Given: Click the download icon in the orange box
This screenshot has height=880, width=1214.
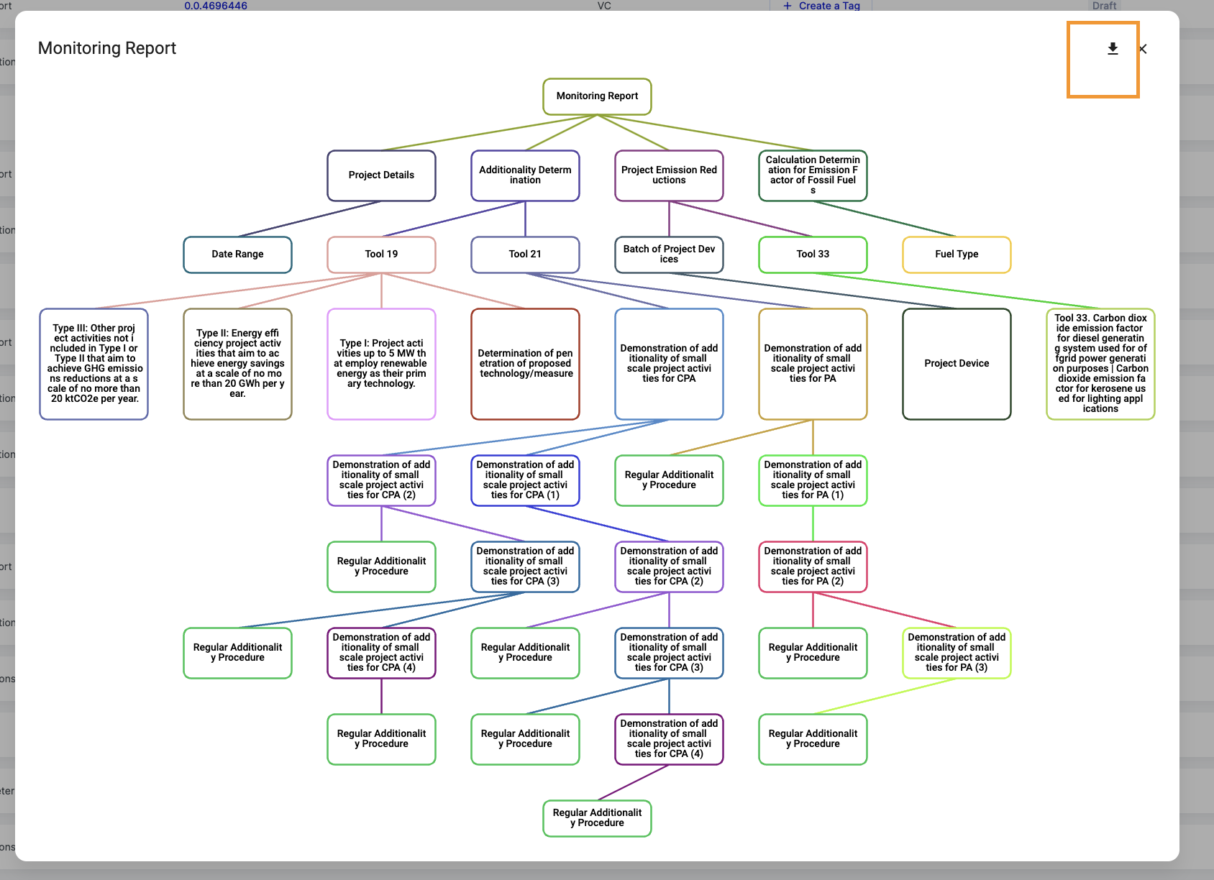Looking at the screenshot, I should pyautogui.click(x=1113, y=49).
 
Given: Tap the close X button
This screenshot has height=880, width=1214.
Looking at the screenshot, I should pyautogui.click(x=1143, y=49).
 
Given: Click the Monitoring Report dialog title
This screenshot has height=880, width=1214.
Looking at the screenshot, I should pyautogui.click(x=107, y=48).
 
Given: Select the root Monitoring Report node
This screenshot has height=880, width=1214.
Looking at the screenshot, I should pyautogui.click(x=597, y=96).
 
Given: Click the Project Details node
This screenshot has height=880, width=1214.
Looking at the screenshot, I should pyautogui.click(x=381, y=175).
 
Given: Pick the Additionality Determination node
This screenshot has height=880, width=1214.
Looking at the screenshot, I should pyautogui.click(x=525, y=175).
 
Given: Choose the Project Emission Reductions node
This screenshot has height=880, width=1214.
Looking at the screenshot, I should pyautogui.click(x=669, y=175).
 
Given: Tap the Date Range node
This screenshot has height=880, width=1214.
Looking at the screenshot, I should pyautogui.click(x=237, y=255).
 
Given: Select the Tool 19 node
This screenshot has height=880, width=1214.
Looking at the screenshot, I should pyautogui.click(x=381, y=255).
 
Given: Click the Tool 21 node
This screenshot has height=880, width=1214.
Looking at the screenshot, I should pyautogui.click(x=525, y=255).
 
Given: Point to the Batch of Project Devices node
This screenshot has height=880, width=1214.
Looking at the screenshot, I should pyautogui.click(x=669, y=255).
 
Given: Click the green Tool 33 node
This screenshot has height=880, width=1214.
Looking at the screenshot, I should pyautogui.click(x=813, y=255).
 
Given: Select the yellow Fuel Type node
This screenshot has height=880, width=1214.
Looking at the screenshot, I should pyautogui.click(x=957, y=255).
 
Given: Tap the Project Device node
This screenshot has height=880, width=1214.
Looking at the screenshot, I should pyautogui.click(x=957, y=364).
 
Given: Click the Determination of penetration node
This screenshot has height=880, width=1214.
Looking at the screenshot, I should pyautogui.click(x=525, y=364).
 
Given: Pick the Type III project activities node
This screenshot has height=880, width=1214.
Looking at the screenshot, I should pyautogui.click(x=93, y=364).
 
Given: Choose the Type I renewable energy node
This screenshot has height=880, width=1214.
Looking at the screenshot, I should pyautogui.click(x=381, y=364).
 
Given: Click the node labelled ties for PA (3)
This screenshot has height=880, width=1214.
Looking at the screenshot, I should pyautogui.click(x=957, y=653).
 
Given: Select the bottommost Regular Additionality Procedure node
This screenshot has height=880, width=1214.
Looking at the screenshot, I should pyautogui.click(x=597, y=818).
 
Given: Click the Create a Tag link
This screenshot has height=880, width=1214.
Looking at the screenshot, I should pyautogui.click(x=821, y=6).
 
